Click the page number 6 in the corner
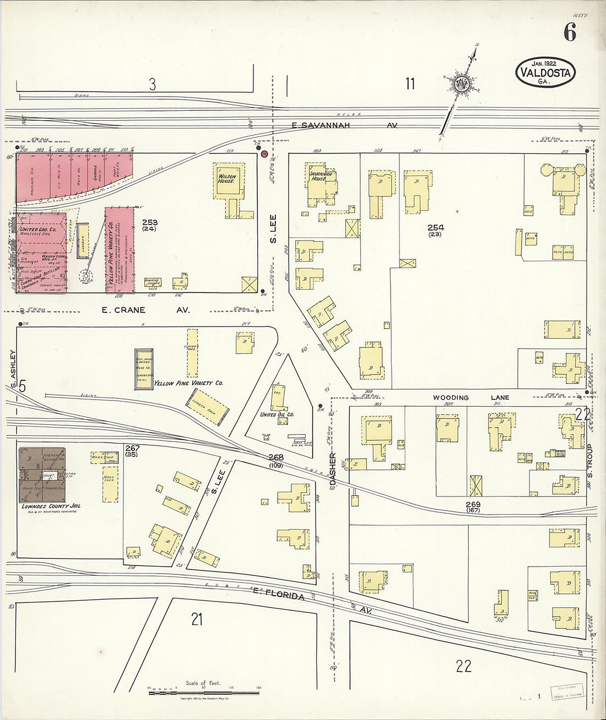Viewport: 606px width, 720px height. tap(570, 33)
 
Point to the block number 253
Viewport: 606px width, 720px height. tap(149, 222)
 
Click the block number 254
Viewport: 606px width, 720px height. tap(435, 227)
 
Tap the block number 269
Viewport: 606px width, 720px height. tap(473, 504)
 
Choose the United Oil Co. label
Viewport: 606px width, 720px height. tap(277, 414)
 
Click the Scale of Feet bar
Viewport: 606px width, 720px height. tap(203, 692)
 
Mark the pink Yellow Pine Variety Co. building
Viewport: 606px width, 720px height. tap(119, 250)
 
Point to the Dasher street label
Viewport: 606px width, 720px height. tap(333, 469)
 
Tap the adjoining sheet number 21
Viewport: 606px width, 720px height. tap(197, 619)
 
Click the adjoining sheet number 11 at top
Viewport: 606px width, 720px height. tap(410, 84)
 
